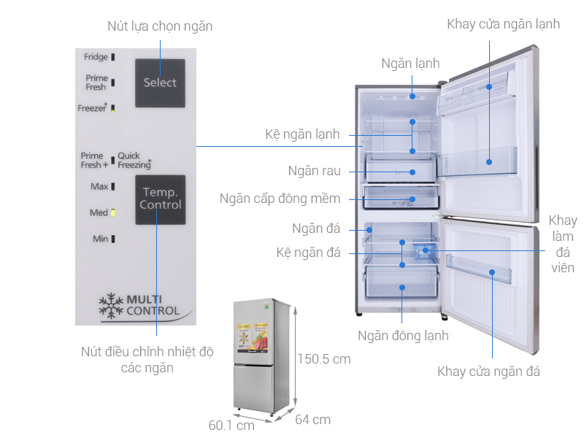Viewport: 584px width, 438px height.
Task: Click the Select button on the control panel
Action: coord(160,82)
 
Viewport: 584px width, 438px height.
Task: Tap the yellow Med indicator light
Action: coord(113,212)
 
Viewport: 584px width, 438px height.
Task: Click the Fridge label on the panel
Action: coord(96,57)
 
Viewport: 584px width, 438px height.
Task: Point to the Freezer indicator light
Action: coord(113,108)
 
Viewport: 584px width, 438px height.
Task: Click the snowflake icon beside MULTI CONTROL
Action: coord(111,306)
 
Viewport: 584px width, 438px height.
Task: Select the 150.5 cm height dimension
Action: coord(323,358)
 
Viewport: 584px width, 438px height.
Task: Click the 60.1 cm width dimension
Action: coord(231,424)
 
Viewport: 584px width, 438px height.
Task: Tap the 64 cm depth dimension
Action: coord(312,419)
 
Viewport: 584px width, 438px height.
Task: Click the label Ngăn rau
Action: coord(314,172)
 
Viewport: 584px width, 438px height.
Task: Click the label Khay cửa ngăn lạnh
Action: coord(504,24)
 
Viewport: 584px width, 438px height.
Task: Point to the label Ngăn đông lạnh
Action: coord(403,336)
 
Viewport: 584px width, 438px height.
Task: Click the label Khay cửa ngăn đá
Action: coord(489,372)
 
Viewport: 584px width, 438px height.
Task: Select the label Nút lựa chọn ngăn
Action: coord(160,26)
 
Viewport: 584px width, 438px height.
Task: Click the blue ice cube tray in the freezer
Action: coord(425,250)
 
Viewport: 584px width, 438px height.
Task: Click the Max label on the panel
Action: coord(99,186)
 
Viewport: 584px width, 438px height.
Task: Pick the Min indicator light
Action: coord(113,239)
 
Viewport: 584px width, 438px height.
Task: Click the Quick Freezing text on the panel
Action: coord(134,161)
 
